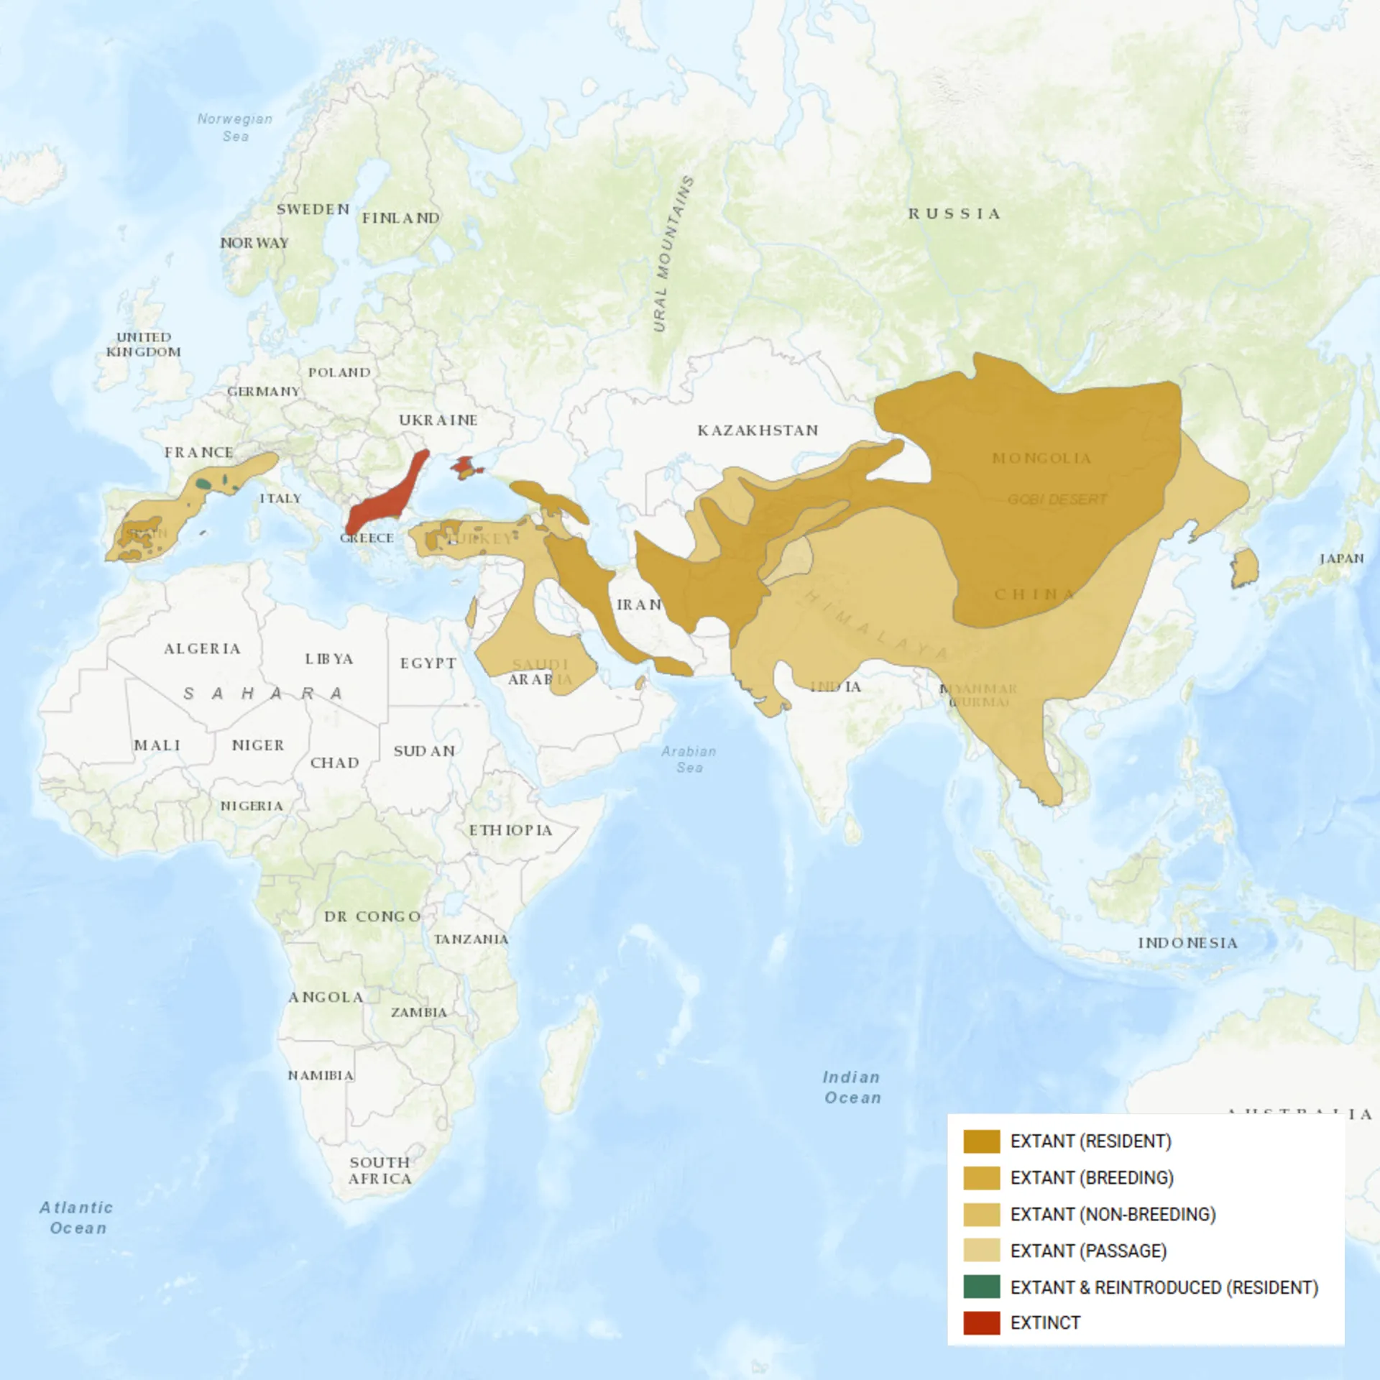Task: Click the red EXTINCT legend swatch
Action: tap(981, 1322)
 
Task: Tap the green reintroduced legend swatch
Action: tap(981, 1287)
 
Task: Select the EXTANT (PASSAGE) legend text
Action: tap(1087, 1251)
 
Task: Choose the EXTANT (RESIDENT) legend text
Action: tap(1090, 1141)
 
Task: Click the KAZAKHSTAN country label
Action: tap(758, 431)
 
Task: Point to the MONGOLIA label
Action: tap(1041, 459)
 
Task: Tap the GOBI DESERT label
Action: tap(1057, 499)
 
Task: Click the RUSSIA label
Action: tap(954, 213)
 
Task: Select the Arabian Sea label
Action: tap(689, 759)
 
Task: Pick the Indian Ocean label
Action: tap(852, 1087)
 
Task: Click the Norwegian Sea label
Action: tap(235, 127)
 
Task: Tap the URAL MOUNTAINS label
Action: tap(673, 254)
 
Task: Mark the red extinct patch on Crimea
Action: tap(464, 466)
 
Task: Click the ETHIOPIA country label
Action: tap(510, 830)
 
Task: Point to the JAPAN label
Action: tap(1341, 558)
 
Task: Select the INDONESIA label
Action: tap(1187, 943)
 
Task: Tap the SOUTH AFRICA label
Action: tap(380, 1170)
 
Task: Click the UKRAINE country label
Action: tap(438, 420)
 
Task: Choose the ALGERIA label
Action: tap(202, 648)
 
